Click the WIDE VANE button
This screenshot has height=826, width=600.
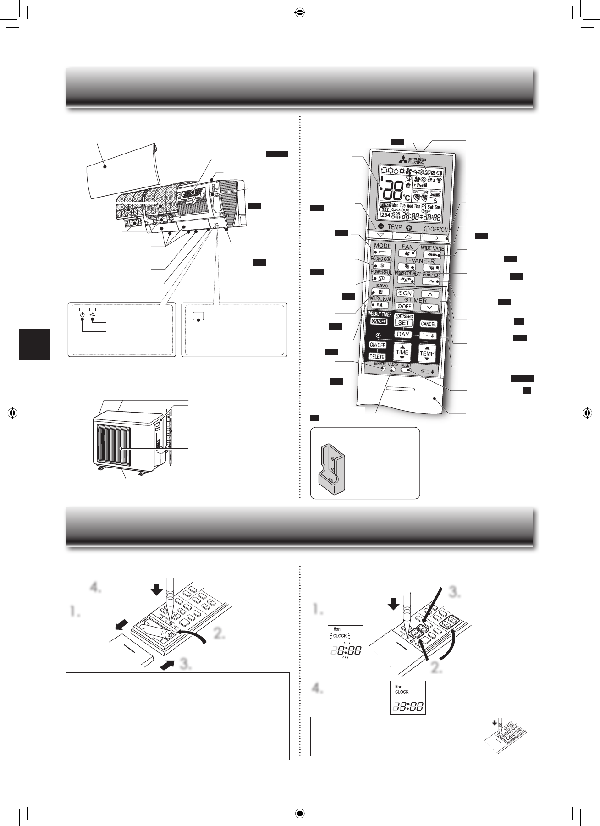tap(432, 255)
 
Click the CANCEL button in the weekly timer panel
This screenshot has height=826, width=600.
tap(428, 324)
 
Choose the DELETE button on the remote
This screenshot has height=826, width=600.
tap(377, 357)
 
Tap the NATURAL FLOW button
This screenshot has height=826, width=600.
tap(380, 305)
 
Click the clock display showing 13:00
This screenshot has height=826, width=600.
tap(407, 697)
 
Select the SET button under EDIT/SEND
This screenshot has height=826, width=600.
tap(403, 323)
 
